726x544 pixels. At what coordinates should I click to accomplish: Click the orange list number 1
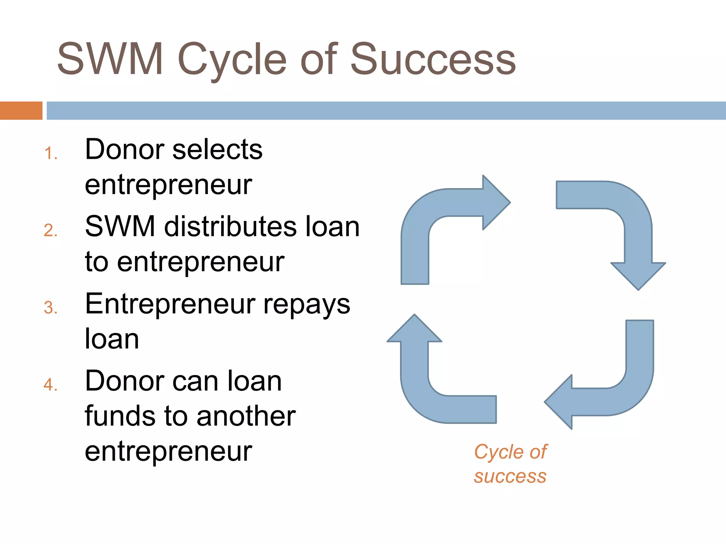coord(51,154)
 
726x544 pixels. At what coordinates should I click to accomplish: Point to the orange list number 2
coord(51,231)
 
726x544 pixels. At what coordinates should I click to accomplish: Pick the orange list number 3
coord(51,308)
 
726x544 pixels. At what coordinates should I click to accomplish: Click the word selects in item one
coord(217,149)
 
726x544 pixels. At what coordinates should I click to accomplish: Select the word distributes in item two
coord(230,226)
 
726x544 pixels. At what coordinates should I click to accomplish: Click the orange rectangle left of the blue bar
coord(21,110)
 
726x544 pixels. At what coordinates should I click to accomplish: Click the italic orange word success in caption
coord(510,477)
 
